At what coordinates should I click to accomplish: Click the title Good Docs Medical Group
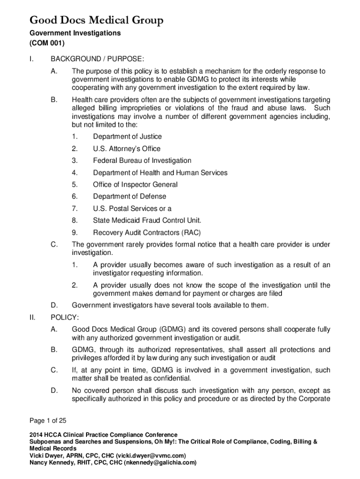[x=97, y=20]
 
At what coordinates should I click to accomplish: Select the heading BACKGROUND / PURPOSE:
[x=97, y=58]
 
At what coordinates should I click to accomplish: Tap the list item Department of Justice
[x=127, y=137]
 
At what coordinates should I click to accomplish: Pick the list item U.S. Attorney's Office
[x=126, y=149]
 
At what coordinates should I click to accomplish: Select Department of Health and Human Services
[x=160, y=173]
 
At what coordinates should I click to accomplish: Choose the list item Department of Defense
[x=129, y=196]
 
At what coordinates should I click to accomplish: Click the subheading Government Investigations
[x=75, y=33]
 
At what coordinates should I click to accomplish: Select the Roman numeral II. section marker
[x=32, y=318]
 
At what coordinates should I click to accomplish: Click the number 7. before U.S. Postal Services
[x=74, y=209]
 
